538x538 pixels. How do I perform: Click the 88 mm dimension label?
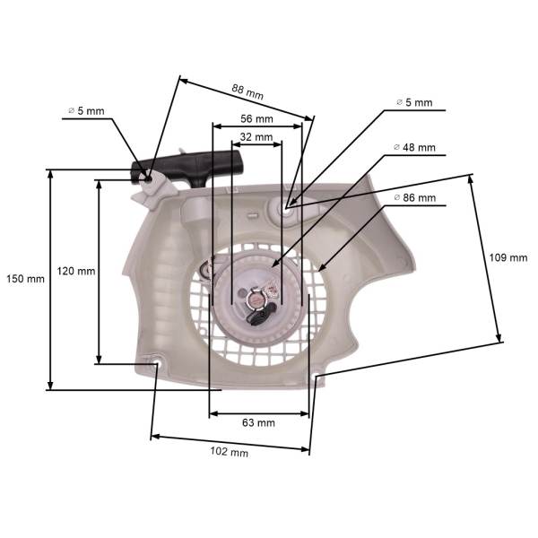tap(247, 90)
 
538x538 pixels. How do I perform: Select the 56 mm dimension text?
tap(256, 118)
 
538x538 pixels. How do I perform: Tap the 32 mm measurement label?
tap(256, 136)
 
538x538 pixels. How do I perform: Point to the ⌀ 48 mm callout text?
tap(414, 147)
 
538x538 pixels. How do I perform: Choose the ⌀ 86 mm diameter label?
tap(414, 197)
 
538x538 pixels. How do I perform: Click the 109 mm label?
tap(508, 257)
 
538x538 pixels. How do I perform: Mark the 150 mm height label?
tap(24, 278)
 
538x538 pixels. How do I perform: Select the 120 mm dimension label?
tap(76, 270)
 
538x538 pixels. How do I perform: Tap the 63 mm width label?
tap(259, 422)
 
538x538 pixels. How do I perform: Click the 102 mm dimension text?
tap(229, 452)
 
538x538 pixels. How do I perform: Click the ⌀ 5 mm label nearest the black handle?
tap(86, 111)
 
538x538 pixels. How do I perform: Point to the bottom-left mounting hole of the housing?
tap(156, 363)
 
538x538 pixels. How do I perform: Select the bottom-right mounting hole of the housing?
tap(317, 380)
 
